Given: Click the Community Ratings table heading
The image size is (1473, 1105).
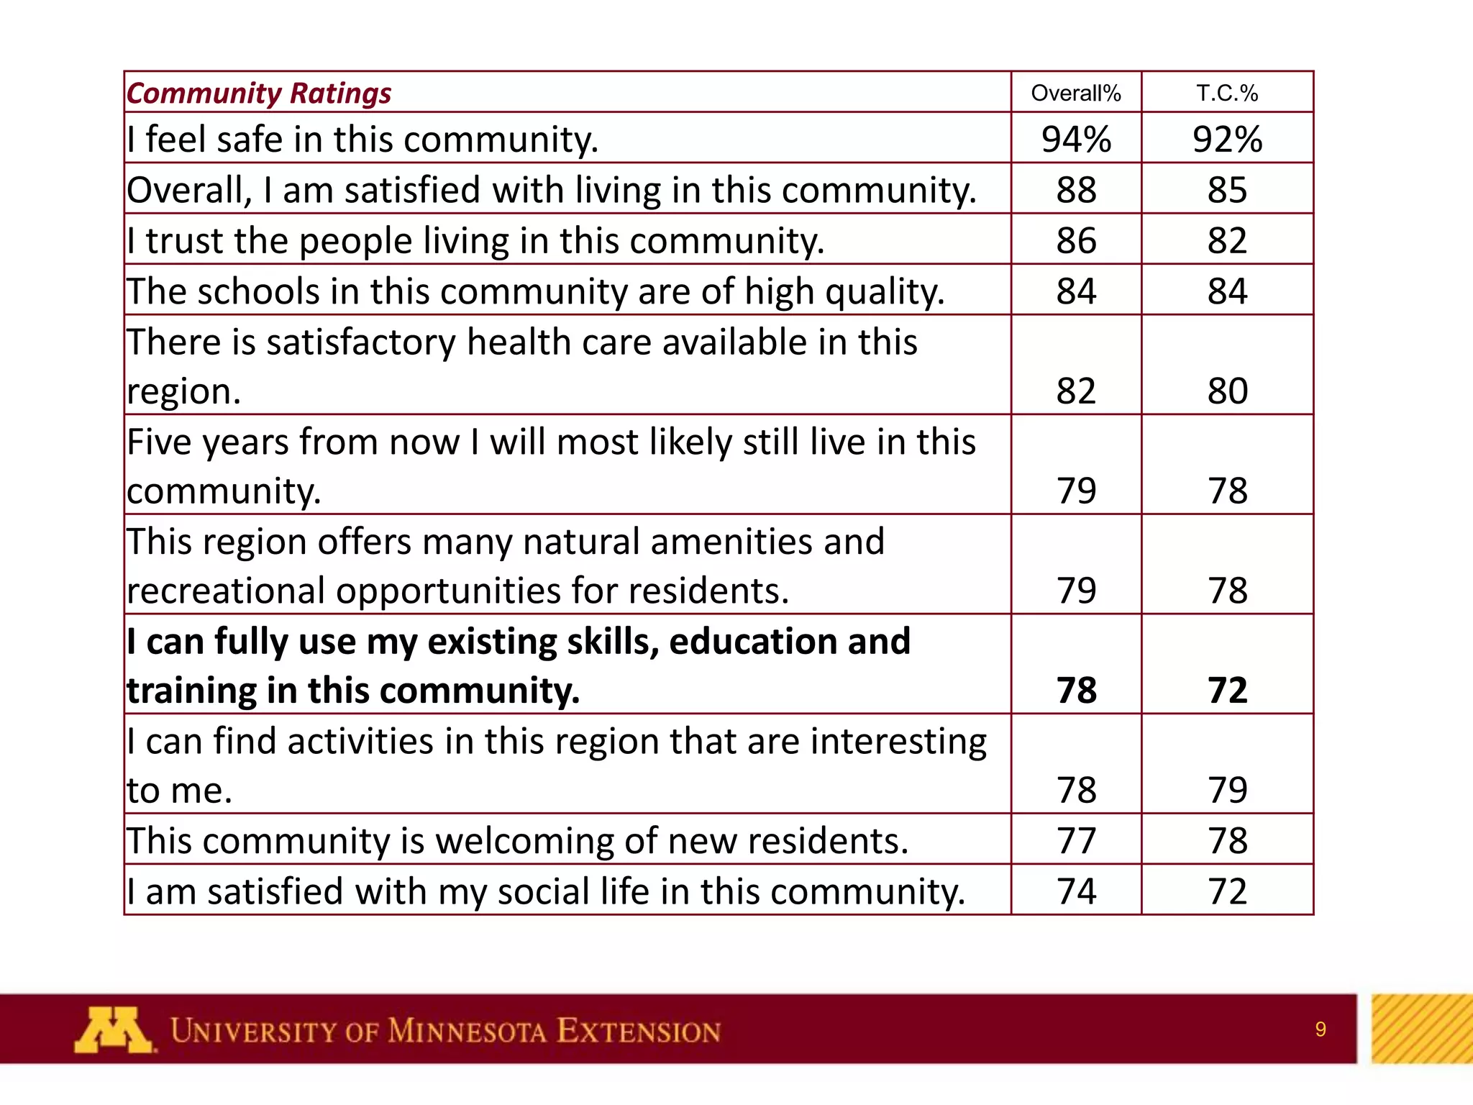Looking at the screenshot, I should pyautogui.click(x=259, y=94).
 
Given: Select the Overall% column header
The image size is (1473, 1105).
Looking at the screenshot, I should pyautogui.click(x=1075, y=94).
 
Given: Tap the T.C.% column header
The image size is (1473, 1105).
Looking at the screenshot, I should pyautogui.click(x=1227, y=94).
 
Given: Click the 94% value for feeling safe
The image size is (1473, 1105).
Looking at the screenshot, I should pyautogui.click(x=1076, y=140).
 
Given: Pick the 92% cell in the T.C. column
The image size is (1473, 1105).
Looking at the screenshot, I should pyautogui.click(x=1227, y=140).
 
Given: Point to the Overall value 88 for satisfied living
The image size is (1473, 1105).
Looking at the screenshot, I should pyautogui.click(x=1076, y=191).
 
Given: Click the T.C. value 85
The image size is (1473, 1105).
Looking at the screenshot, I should pyautogui.click(x=1227, y=191).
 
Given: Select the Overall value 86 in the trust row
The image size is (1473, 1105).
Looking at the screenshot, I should pyautogui.click(x=1076, y=241).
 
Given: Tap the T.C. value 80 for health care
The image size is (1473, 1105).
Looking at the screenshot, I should pyautogui.click(x=1227, y=391).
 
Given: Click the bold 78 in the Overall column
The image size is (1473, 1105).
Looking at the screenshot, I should pyautogui.click(x=1076, y=691).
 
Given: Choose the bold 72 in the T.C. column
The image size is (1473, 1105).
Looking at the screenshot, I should pyautogui.click(x=1227, y=691).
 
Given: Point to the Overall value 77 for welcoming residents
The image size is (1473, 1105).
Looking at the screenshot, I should pyautogui.click(x=1076, y=841).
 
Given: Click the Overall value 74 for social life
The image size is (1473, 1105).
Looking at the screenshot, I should pyautogui.click(x=1076, y=891).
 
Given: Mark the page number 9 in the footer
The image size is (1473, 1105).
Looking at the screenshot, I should pyautogui.click(x=1320, y=1029).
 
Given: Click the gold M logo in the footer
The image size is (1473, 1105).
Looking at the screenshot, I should pyautogui.click(x=113, y=1030).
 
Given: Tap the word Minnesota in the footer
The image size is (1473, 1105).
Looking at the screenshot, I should pyautogui.click(x=468, y=1032).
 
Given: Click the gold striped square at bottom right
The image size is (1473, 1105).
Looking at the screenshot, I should pyautogui.click(x=1422, y=1029).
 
